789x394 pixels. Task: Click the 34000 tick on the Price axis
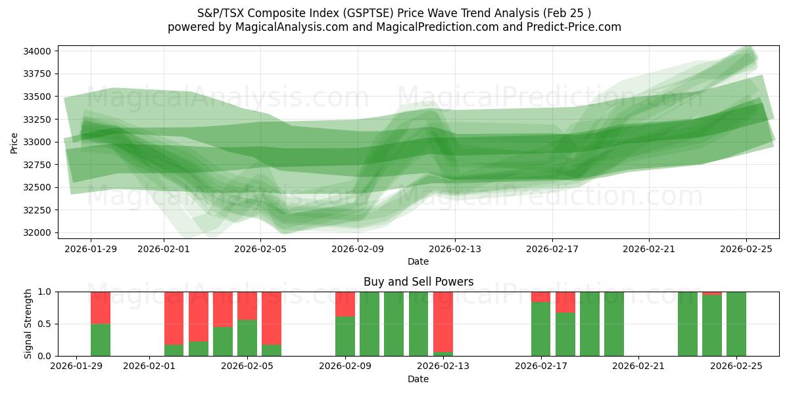[x=39, y=51]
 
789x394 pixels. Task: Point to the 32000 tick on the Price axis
[x=39, y=232]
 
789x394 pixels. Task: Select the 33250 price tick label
[x=39, y=120]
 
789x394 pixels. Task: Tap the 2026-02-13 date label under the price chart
[x=455, y=249]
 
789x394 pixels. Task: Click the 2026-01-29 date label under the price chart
[x=91, y=249]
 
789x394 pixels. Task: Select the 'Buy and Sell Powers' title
[x=418, y=282]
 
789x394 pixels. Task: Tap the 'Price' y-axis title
[x=14, y=142]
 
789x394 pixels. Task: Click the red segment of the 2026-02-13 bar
[x=443, y=322]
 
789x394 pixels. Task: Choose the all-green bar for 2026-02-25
[x=736, y=324]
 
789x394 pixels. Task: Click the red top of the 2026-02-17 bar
[x=541, y=297]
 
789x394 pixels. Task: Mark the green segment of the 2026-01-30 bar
[x=101, y=340]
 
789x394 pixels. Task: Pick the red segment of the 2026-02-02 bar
[x=174, y=318]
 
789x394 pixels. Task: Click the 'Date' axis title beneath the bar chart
[x=418, y=379]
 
